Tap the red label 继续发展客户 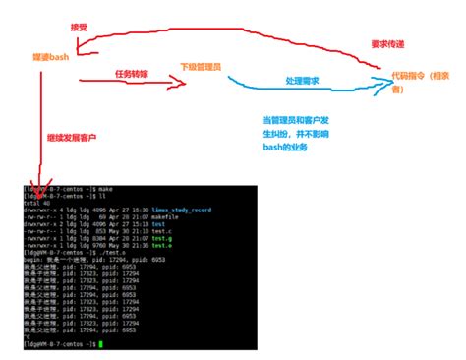tap(72, 137)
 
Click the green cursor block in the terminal tap(100, 345)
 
